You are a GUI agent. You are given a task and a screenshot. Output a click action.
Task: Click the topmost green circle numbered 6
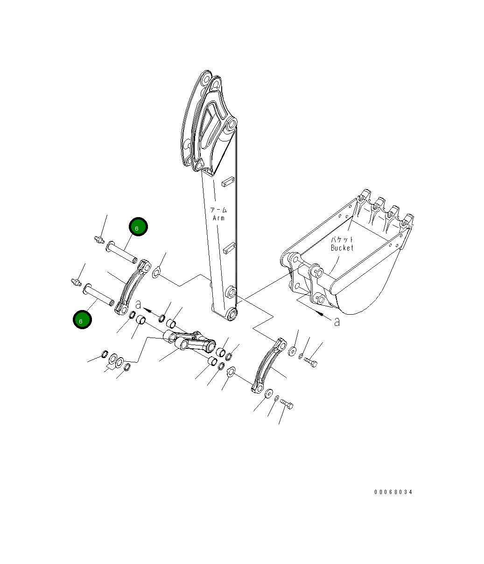point(138,227)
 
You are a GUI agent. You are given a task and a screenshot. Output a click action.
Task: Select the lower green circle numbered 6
point(82,320)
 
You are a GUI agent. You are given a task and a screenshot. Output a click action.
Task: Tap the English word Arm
point(218,218)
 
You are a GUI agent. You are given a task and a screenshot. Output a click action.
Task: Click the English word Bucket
point(342,248)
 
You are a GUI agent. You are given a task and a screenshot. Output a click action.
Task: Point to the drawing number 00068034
point(393,492)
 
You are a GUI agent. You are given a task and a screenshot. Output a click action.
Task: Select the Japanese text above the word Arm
point(218,210)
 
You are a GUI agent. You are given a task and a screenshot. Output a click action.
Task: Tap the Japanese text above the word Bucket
point(342,240)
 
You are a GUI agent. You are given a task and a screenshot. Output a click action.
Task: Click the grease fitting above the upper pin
point(98,240)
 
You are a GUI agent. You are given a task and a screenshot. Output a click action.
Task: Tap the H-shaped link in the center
point(191,343)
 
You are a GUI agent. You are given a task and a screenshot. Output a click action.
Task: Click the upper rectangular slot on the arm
point(227,182)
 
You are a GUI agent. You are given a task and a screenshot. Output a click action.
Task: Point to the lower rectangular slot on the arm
point(227,248)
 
